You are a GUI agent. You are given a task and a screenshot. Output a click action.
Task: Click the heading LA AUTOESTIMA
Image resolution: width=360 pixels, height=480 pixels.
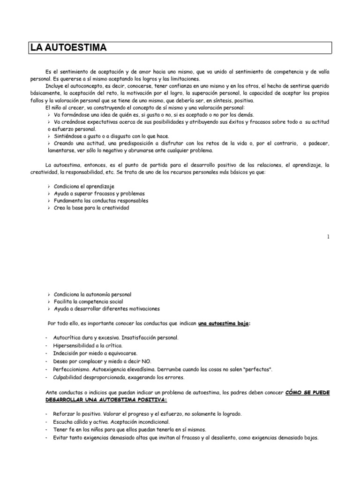tap(68, 48)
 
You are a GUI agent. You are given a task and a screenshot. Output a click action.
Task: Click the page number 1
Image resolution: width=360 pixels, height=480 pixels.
tap(329, 237)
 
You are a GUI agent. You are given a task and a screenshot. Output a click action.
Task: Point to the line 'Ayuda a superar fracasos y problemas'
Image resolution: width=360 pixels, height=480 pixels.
tap(99, 193)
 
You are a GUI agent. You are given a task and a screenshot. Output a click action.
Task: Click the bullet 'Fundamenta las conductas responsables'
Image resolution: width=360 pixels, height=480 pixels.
tap(101, 201)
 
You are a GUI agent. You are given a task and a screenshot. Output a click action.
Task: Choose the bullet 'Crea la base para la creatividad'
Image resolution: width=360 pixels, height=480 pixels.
tap(91, 208)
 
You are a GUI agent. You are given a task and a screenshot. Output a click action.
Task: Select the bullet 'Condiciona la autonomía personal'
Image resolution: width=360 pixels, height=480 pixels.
tap(96, 294)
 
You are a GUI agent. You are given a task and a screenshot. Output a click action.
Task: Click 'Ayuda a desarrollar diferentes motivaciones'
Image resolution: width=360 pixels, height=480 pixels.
tap(106, 309)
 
